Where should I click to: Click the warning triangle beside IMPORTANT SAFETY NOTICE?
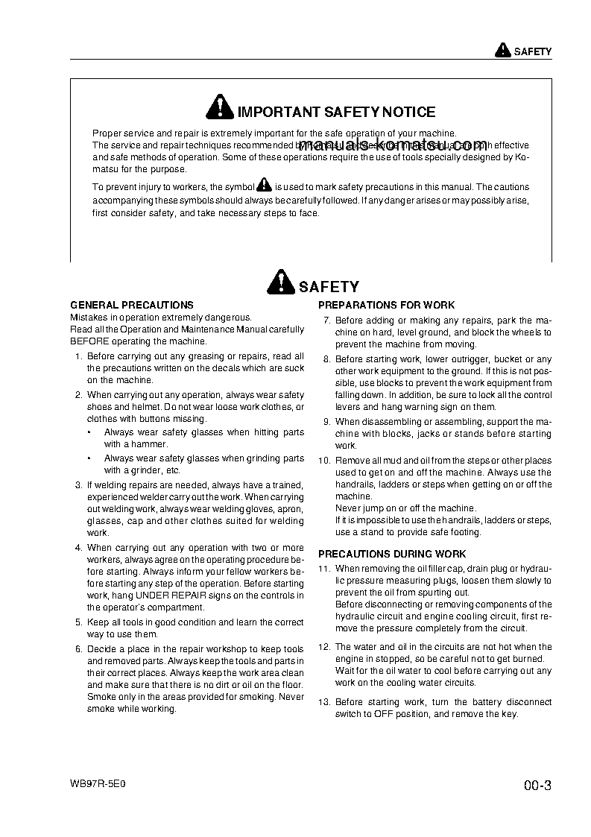tap(220, 109)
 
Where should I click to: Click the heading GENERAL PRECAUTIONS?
tap(131, 305)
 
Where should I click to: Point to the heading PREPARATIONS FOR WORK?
tap(386, 305)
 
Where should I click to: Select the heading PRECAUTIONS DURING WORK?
tap(392, 554)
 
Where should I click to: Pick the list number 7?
tap(326, 320)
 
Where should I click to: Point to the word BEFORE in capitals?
tap(89, 341)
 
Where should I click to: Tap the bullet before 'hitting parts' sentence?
tap(89, 432)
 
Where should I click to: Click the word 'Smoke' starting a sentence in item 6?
tap(101, 697)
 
